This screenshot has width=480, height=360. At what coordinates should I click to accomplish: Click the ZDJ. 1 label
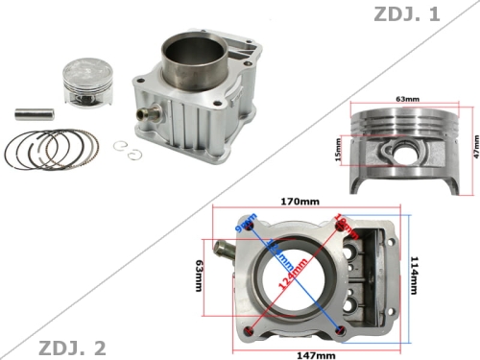pyautogui.click(x=437, y=14)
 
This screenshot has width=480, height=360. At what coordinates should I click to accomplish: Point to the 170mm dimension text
pyautogui.click(x=300, y=203)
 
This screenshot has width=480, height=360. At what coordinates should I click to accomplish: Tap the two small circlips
pyautogui.click(x=123, y=147)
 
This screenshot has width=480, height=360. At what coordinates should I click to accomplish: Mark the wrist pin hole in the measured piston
pyautogui.click(x=402, y=151)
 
